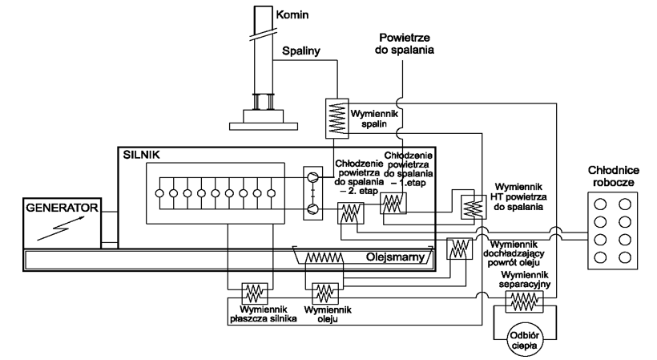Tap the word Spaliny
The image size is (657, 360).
point(301,51)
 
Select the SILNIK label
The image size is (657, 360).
point(141,152)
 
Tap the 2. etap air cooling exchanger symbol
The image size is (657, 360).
point(350,212)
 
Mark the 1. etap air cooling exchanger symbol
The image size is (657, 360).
point(393,204)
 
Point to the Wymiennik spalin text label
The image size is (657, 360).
point(373,114)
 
